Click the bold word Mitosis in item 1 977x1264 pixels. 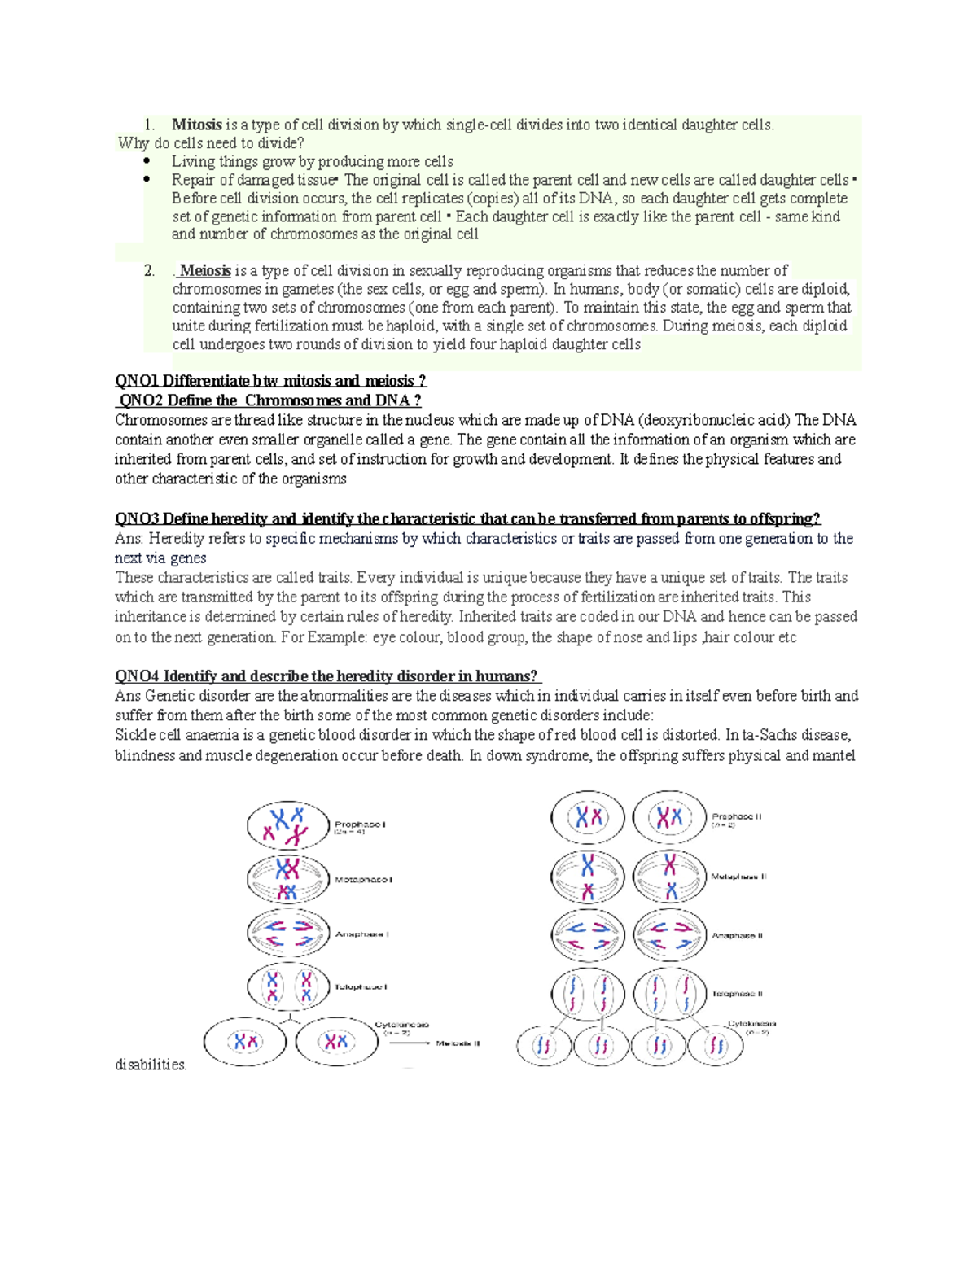196,125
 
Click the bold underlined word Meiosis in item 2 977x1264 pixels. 205,270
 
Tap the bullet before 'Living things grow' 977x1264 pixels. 147,161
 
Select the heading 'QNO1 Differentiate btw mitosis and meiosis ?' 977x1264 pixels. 270,381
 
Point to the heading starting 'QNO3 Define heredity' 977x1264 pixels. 467,518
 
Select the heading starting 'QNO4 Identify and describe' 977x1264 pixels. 327,676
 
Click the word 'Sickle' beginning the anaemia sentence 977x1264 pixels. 134,735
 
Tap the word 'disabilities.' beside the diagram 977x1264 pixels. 151,1065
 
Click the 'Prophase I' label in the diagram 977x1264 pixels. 360,824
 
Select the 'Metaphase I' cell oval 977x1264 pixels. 287,879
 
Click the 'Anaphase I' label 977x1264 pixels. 362,934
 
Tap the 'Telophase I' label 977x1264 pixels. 361,986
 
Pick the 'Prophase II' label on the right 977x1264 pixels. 737,816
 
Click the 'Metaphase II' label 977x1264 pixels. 738,877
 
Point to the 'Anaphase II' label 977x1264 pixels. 738,935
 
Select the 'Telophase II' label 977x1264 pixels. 738,994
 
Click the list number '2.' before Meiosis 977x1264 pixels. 150,271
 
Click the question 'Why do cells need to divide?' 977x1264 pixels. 211,143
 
